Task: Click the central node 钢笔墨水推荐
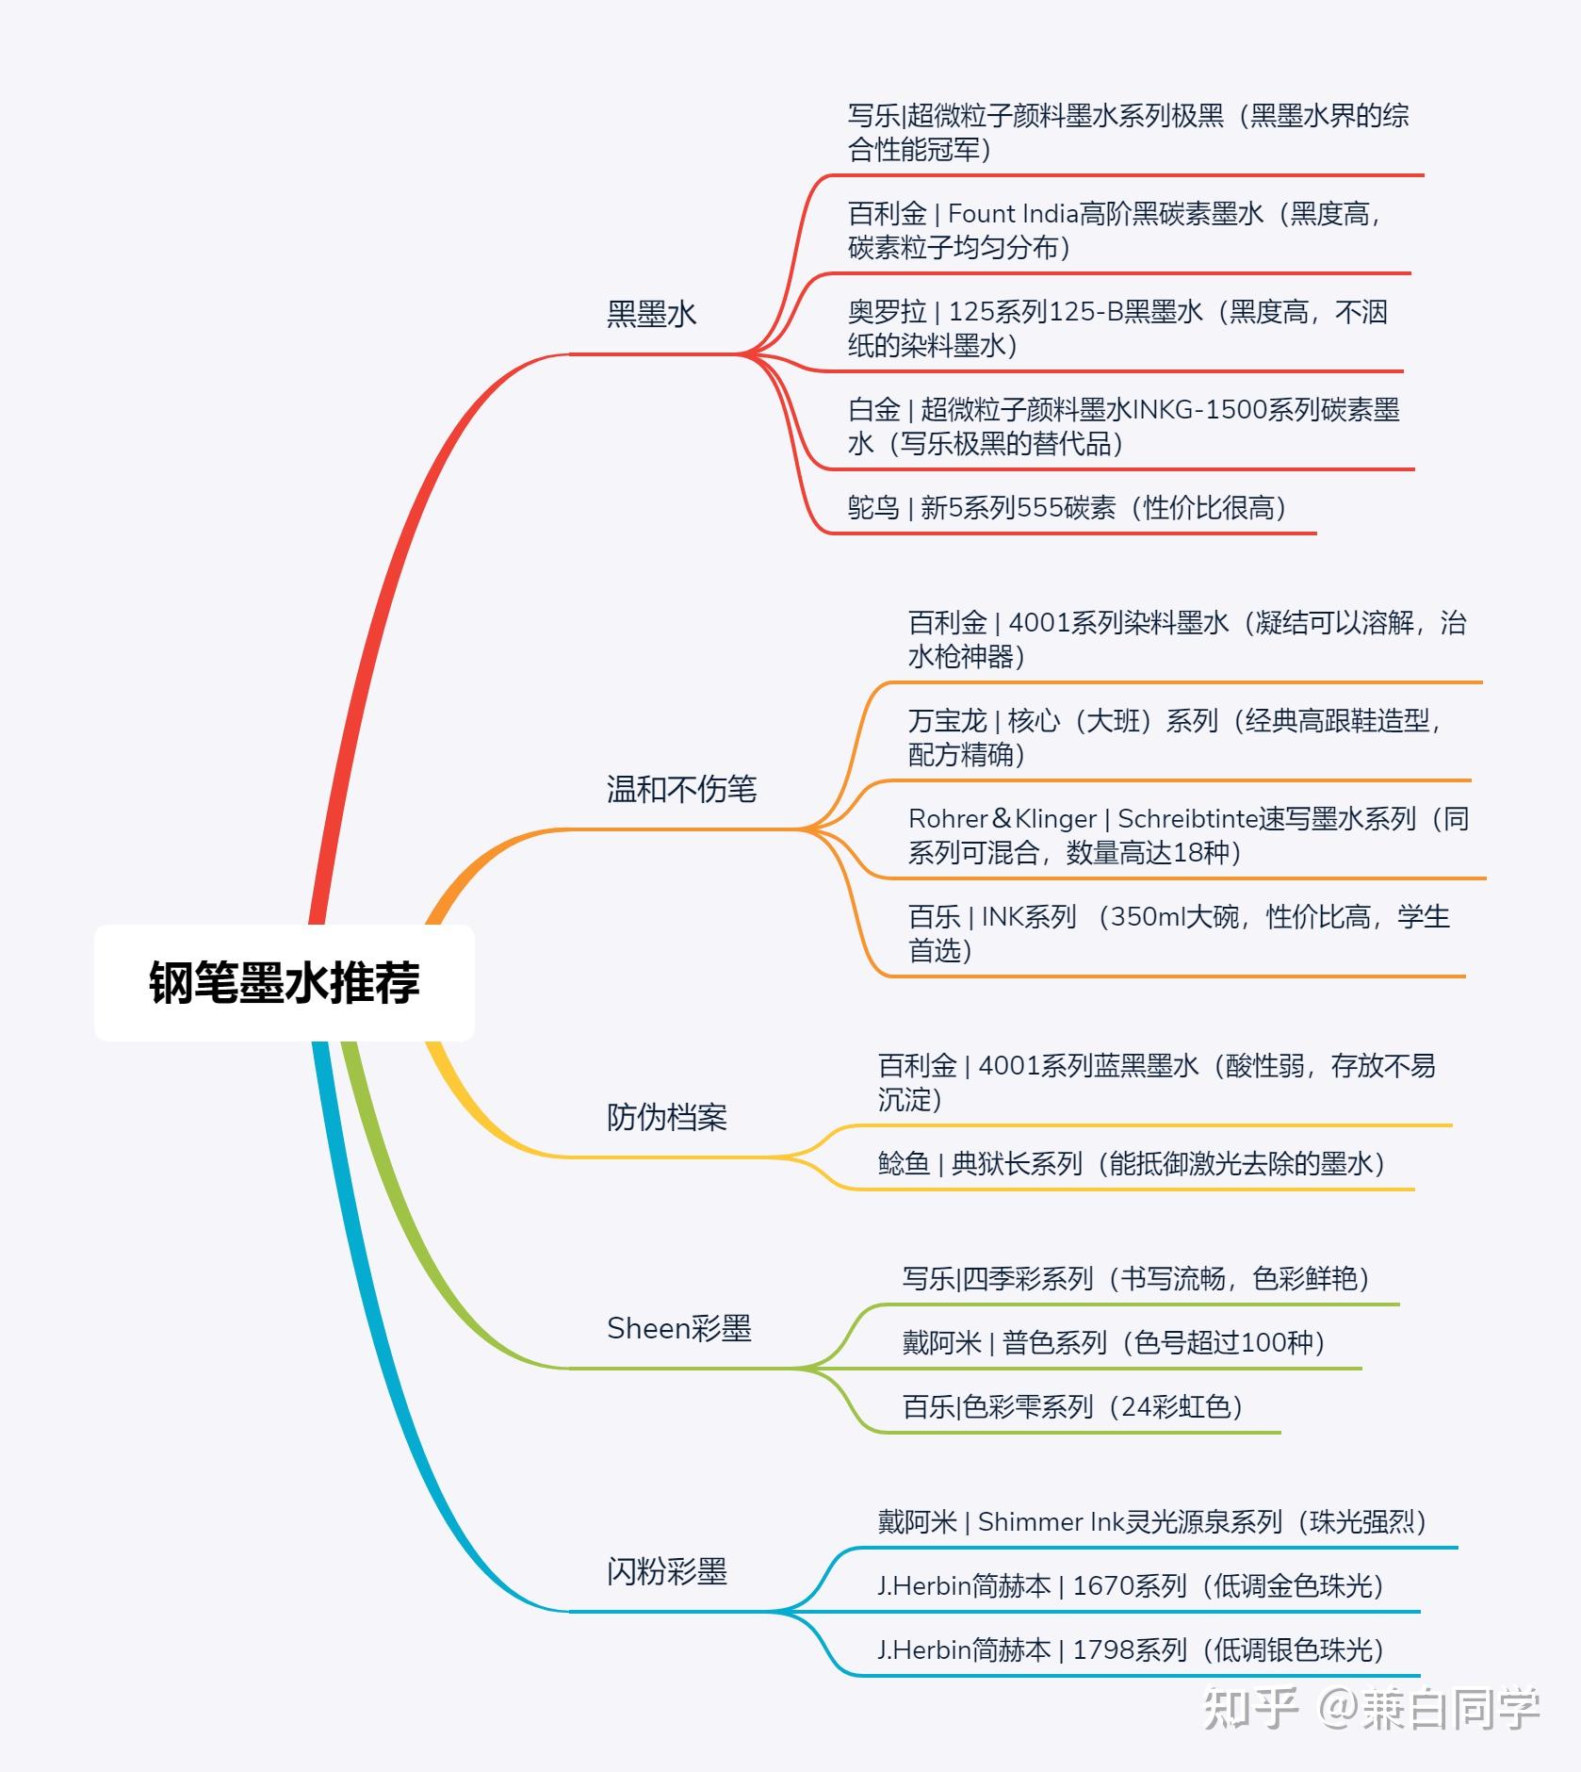[x=284, y=982]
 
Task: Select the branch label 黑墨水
[x=651, y=314]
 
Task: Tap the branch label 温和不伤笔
[x=681, y=789]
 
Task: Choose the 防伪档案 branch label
[x=666, y=1117]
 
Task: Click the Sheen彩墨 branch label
[x=678, y=1328]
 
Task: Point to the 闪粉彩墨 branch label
[x=666, y=1571]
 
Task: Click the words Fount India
[x=1012, y=214]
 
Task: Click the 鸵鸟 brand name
[x=873, y=508]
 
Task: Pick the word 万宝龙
[x=947, y=721]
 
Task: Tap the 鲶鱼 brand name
[x=904, y=1164]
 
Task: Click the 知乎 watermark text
[x=1250, y=1708]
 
